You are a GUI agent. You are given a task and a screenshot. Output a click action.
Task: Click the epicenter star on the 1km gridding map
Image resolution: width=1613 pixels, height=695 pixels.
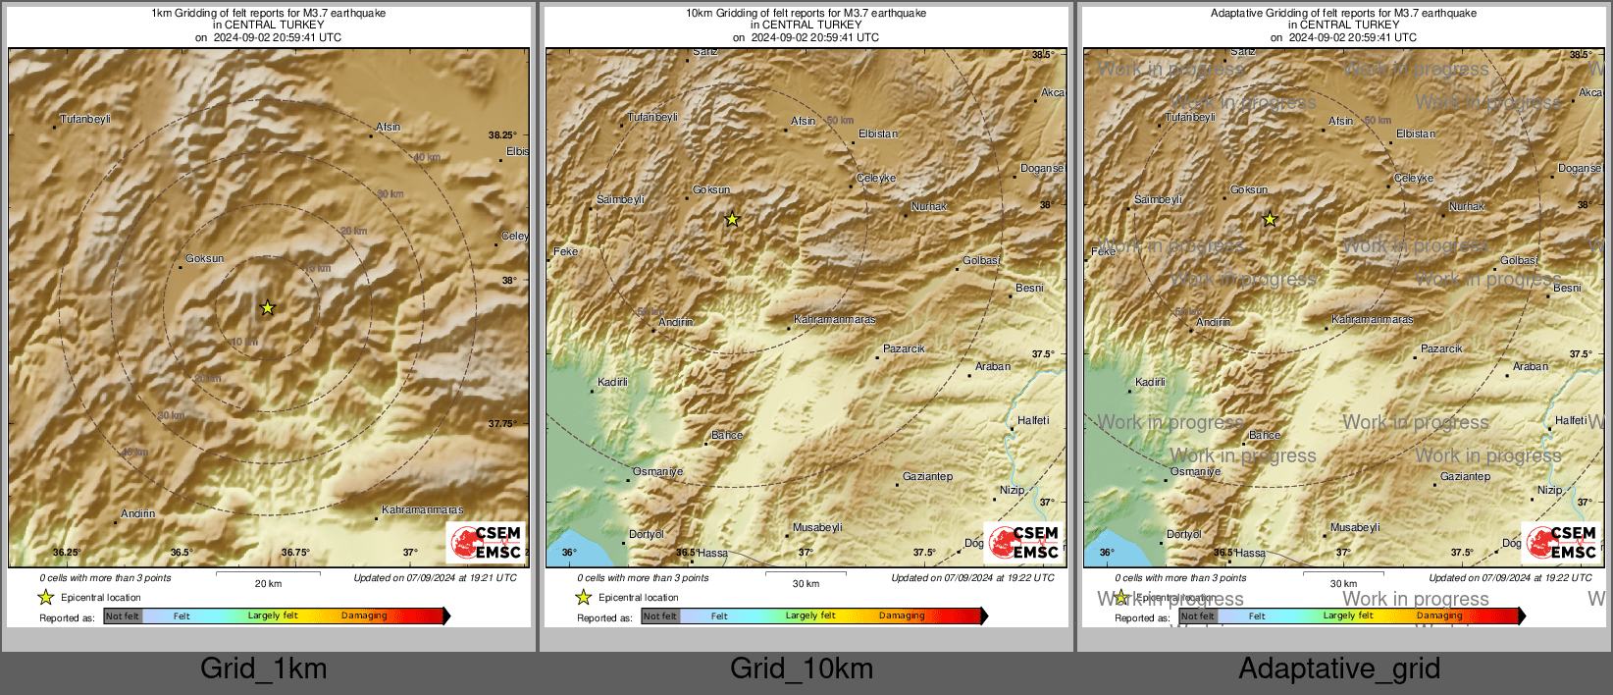(x=267, y=308)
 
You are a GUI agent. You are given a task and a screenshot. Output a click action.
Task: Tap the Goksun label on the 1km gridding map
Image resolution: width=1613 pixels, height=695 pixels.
(x=205, y=259)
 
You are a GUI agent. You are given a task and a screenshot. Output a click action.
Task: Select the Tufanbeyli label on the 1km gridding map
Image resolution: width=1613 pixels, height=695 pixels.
(x=85, y=119)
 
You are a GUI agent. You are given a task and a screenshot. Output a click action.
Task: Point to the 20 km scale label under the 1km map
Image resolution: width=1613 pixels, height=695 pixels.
(x=268, y=583)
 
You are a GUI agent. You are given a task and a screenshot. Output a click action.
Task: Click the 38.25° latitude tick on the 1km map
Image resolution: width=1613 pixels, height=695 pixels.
(x=502, y=135)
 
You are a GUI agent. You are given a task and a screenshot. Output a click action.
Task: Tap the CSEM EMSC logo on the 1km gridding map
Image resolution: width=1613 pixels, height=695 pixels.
(x=486, y=543)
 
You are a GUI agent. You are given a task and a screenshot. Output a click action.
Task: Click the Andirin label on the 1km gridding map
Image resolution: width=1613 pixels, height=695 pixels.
(x=138, y=513)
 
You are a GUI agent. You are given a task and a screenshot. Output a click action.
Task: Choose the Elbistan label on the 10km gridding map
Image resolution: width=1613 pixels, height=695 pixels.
(x=878, y=134)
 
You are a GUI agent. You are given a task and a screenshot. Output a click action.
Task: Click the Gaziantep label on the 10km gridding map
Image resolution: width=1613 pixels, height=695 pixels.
(x=927, y=476)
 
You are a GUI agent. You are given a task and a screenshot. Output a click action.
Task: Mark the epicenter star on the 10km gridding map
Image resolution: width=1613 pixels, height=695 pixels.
(x=732, y=220)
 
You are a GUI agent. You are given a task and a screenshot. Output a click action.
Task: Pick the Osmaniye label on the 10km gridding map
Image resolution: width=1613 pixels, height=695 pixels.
(x=657, y=471)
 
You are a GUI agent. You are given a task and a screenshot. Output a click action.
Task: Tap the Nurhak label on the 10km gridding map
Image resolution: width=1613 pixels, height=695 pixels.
(x=929, y=206)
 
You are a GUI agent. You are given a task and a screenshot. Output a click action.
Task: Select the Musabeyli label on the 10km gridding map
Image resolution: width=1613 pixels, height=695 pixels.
(x=817, y=527)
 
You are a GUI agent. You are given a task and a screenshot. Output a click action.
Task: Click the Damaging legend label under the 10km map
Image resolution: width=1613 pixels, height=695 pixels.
(x=902, y=615)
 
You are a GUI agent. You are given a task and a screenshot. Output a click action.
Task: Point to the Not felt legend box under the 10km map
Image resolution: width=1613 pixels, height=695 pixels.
(x=660, y=616)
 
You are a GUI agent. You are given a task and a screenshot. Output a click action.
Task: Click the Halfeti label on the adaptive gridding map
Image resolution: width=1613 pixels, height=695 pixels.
(x=1571, y=420)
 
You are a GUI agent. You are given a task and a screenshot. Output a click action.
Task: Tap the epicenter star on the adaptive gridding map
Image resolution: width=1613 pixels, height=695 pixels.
(x=1270, y=220)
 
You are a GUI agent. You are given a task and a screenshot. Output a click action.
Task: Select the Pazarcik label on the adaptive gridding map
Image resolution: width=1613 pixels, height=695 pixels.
(x=1441, y=348)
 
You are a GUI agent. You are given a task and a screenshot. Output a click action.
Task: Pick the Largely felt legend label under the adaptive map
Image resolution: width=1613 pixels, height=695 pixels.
(x=1347, y=615)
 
